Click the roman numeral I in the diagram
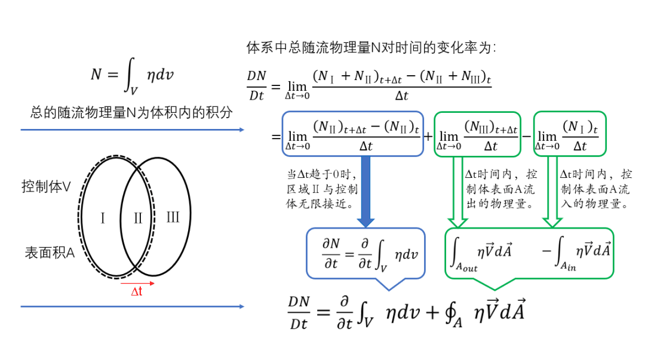(103, 218)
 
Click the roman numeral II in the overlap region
(138, 218)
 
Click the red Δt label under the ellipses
(136, 292)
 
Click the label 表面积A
(50, 253)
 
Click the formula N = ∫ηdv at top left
(133, 75)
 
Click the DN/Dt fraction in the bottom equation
(299, 312)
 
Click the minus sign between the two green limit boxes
(527, 136)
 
